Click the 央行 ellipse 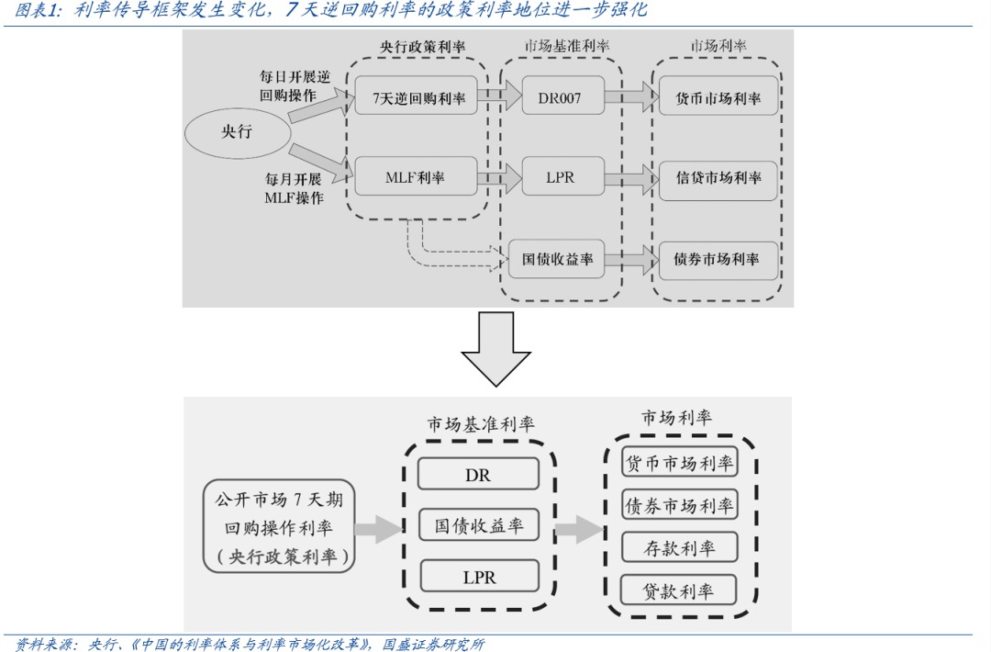236,132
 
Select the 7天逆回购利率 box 418,96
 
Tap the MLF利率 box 414,176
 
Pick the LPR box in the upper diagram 561,176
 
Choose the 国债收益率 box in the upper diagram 558,258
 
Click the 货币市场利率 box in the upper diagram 718,96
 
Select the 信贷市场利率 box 718,176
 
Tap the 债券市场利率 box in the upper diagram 717,258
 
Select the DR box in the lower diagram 478,474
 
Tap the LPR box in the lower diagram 478,577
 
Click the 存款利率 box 679,548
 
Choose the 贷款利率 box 679,590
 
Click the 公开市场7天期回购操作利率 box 279,529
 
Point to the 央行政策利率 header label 423,46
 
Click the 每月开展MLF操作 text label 294,188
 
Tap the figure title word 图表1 38,10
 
